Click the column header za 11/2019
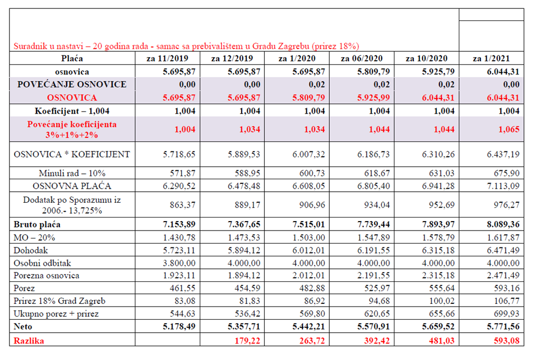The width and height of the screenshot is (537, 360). click(167, 59)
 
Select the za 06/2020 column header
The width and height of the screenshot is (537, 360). click(362, 59)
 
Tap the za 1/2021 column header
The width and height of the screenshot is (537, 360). click(491, 59)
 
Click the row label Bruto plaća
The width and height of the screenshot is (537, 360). click(37, 224)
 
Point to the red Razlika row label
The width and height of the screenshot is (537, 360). click(29, 341)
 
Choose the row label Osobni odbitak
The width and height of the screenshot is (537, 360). click(42, 263)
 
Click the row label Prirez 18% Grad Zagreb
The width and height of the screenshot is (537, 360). click(59, 301)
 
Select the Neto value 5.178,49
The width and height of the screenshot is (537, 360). click(179, 326)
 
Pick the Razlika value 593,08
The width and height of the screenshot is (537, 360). click(507, 341)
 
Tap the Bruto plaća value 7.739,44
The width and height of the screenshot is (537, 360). click(373, 224)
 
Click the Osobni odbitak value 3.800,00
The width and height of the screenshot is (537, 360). click(179, 263)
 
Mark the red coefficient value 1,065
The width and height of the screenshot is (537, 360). click(509, 129)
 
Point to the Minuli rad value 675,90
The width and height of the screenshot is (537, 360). click(507, 173)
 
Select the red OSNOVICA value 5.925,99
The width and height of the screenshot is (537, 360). click(373, 98)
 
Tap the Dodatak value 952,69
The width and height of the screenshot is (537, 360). click(442, 205)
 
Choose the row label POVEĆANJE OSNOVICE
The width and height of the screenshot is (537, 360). click(72, 84)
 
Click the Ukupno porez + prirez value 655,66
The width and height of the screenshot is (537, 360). click(442, 314)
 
